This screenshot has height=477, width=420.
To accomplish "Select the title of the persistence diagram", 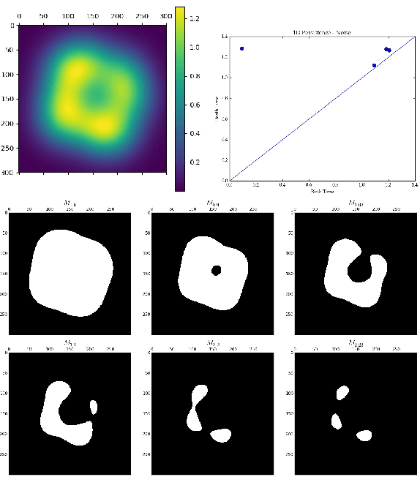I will pyautogui.click(x=321, y=32).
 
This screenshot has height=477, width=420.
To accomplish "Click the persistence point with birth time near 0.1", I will pyautogui.click(x=241, y=49).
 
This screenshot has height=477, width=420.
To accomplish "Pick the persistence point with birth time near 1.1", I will pyautogui.click(x=374, y=65).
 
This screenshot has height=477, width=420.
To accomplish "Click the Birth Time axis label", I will pyautogui.click(x=321, y=191).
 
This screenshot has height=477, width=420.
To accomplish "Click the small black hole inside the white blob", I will pyautogui.click(x=216, y=270).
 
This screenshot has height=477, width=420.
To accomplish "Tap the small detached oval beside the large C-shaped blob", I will pyautogui.click(x=93, y=406).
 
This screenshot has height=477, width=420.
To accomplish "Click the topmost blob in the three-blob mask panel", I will pyautogui.click(x=342, y=394).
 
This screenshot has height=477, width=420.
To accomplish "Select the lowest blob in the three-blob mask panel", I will pyautogui.click(x=364, y=435).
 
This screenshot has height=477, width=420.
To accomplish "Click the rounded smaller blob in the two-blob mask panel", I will pyautogui.click(x=221, y=435).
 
